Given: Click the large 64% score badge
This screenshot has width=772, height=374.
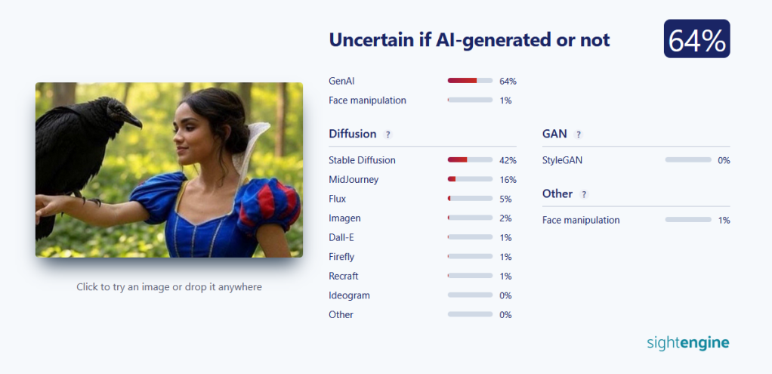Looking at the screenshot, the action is tap(696, 39).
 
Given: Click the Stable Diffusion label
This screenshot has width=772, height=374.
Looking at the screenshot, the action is tap(362, 160).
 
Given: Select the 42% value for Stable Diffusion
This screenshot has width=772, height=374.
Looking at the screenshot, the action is tap(508, 160).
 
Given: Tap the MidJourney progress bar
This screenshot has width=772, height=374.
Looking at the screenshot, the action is tap(470, 179).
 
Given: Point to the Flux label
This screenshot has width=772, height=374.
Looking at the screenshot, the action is tap(337, 199).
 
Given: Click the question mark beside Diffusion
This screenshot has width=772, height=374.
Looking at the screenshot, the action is tap(388, 134).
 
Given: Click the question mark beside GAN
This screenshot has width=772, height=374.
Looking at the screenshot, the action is tap(578, 134).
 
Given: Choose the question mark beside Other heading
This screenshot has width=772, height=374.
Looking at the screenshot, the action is tap(584, 194).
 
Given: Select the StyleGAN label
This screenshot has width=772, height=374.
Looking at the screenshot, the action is tap(562, 160).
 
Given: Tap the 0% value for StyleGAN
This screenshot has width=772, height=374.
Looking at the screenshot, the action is tap(724, 160).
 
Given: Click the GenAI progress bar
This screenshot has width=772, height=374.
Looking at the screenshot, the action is tap(470, 80).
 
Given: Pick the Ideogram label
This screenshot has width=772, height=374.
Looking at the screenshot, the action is tap(349, 295).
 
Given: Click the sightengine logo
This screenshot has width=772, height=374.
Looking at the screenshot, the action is tap(688, 343).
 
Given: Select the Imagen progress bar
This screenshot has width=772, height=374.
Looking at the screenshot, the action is tap(470, 218).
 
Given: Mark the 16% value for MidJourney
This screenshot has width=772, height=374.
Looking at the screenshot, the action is tap(508, 179).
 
